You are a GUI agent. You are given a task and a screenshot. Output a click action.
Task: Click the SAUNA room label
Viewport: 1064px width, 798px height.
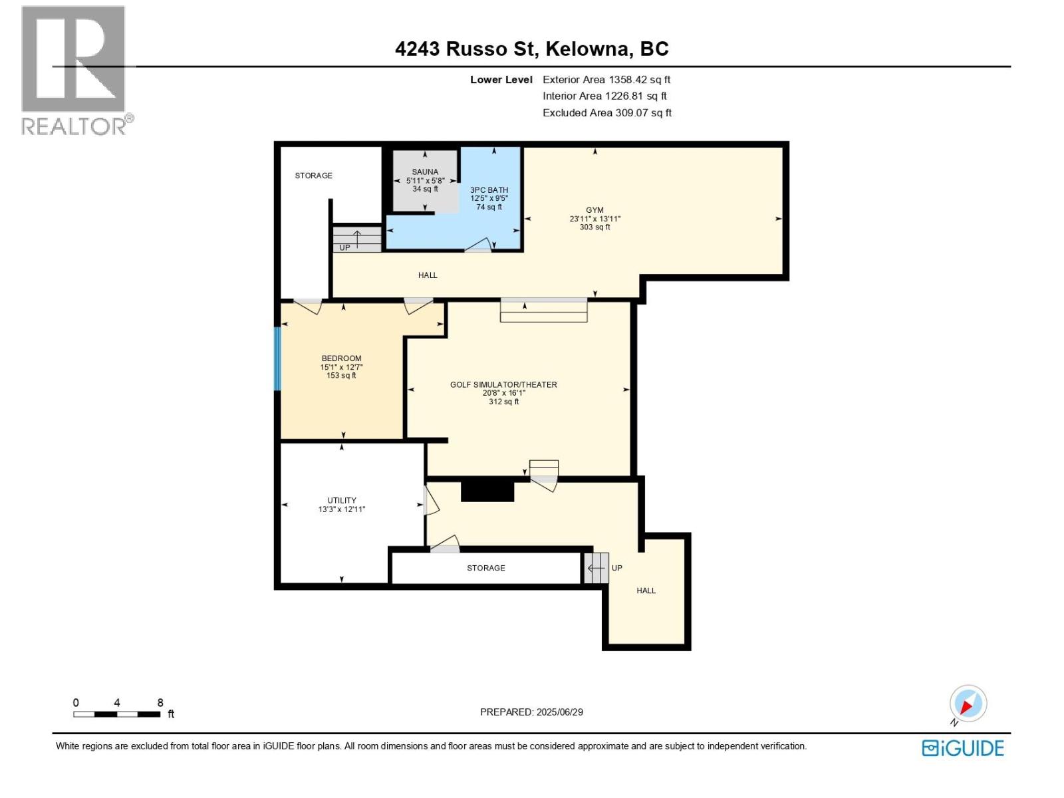(x=425, y=172)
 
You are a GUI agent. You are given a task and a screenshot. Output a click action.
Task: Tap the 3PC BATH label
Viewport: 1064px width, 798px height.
(x=489, y=190)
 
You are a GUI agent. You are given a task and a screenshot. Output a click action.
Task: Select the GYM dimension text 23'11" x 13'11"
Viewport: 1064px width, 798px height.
(x=595, y=219)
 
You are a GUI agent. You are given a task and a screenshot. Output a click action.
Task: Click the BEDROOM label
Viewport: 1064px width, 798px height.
(x=341, y=358)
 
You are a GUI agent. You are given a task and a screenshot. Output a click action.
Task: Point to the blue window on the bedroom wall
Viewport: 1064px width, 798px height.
(x=278, y=358)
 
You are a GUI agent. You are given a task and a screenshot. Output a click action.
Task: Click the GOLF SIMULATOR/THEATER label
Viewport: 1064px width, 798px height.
(x=503, y=384)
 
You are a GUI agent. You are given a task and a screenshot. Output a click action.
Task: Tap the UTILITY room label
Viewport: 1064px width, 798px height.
(x=341, y=501)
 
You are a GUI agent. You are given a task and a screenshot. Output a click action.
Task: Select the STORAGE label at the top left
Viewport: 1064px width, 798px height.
(x=313, y=176)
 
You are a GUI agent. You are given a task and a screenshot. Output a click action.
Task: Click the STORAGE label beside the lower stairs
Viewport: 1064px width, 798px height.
(x=485, y=568)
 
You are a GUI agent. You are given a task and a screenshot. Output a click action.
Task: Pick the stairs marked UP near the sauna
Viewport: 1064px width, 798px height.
(x=357, y=239)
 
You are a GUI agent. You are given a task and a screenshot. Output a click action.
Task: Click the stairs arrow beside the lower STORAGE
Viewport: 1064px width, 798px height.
(x=596, y=568)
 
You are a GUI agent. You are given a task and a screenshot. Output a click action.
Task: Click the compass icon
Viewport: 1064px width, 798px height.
(x=968, y=704)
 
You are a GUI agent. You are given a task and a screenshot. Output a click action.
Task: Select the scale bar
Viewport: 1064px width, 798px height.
(x=117, y=714)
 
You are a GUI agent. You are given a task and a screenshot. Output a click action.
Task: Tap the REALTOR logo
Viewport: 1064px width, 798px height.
(x=74, y=70)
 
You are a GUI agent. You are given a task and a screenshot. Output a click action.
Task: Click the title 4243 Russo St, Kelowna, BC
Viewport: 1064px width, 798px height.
(x=531, y=49)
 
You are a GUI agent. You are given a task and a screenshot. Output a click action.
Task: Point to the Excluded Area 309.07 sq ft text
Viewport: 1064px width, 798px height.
(x=606, y=113)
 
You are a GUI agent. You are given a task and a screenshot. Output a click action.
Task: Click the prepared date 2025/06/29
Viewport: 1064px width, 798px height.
(x=531, y=712)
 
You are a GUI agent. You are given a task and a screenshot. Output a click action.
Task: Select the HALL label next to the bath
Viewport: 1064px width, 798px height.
(x=428, y=275)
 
